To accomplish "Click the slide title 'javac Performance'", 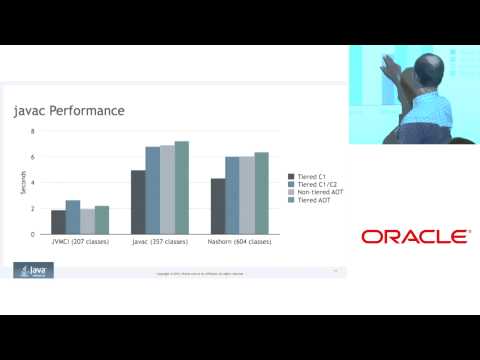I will pyautogui.click(x=68, y=111).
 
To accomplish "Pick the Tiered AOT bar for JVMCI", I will pyautogui.click(x=101, y=220).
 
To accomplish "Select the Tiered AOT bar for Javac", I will pyautogui.click(x=181, y=187).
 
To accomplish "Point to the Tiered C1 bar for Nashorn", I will pyautogui.click(x=217, y=206).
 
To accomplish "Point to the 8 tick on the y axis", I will pyautogui.click(x=32, y=131).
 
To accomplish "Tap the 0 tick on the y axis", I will pyautogui.click(x=32, y=234).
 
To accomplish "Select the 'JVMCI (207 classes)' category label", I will pyautogui.click(x=80, y=242).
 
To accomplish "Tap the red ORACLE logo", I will pyautogui.click(x=415, y=237).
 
